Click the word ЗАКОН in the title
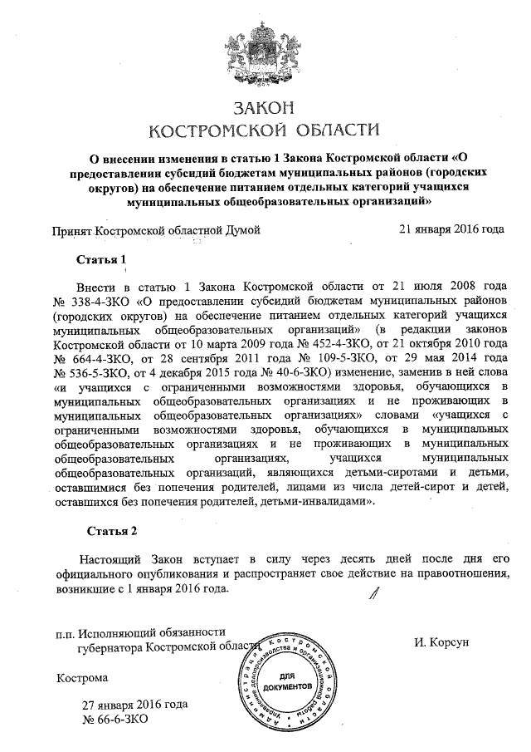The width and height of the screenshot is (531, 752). (x=265, y=109)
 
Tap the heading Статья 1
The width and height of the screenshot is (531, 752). (x=106, y=258)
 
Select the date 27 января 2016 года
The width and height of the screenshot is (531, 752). (x=134, y=704)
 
